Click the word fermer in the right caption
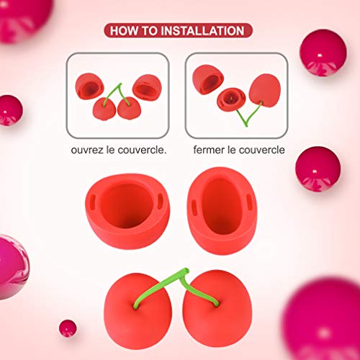[209, 150]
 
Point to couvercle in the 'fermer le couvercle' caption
[261, 150]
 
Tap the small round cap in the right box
[232, 98]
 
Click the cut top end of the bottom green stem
[185, 272]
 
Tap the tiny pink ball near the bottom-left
[68, 328]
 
